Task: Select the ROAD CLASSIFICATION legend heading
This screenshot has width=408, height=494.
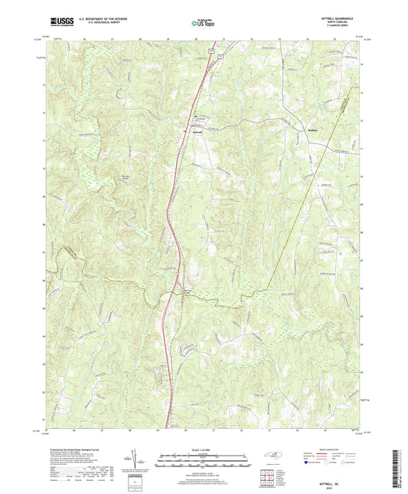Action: (325, 450)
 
